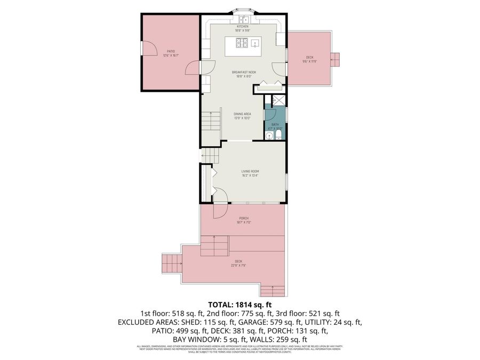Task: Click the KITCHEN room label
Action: tap(243, 26)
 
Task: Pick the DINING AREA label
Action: tap(242, 113)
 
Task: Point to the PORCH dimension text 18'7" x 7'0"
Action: tap(243, 222)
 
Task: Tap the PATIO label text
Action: tap(171, 51)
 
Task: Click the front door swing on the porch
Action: tap(221, 211)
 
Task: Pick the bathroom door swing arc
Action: tap(270, 114)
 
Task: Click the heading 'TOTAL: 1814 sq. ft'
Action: tap(239, 305)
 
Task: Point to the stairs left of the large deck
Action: tap(172, 263)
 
